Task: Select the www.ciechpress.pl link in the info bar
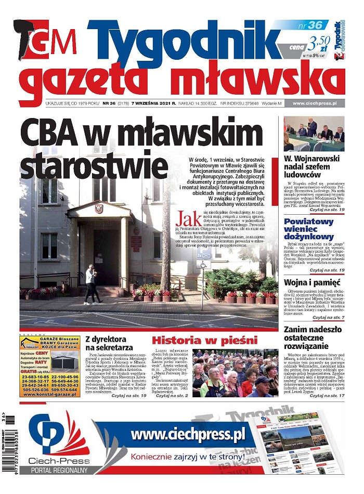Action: (x=315, y=103)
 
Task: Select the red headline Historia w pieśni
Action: (x=204, y=341)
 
